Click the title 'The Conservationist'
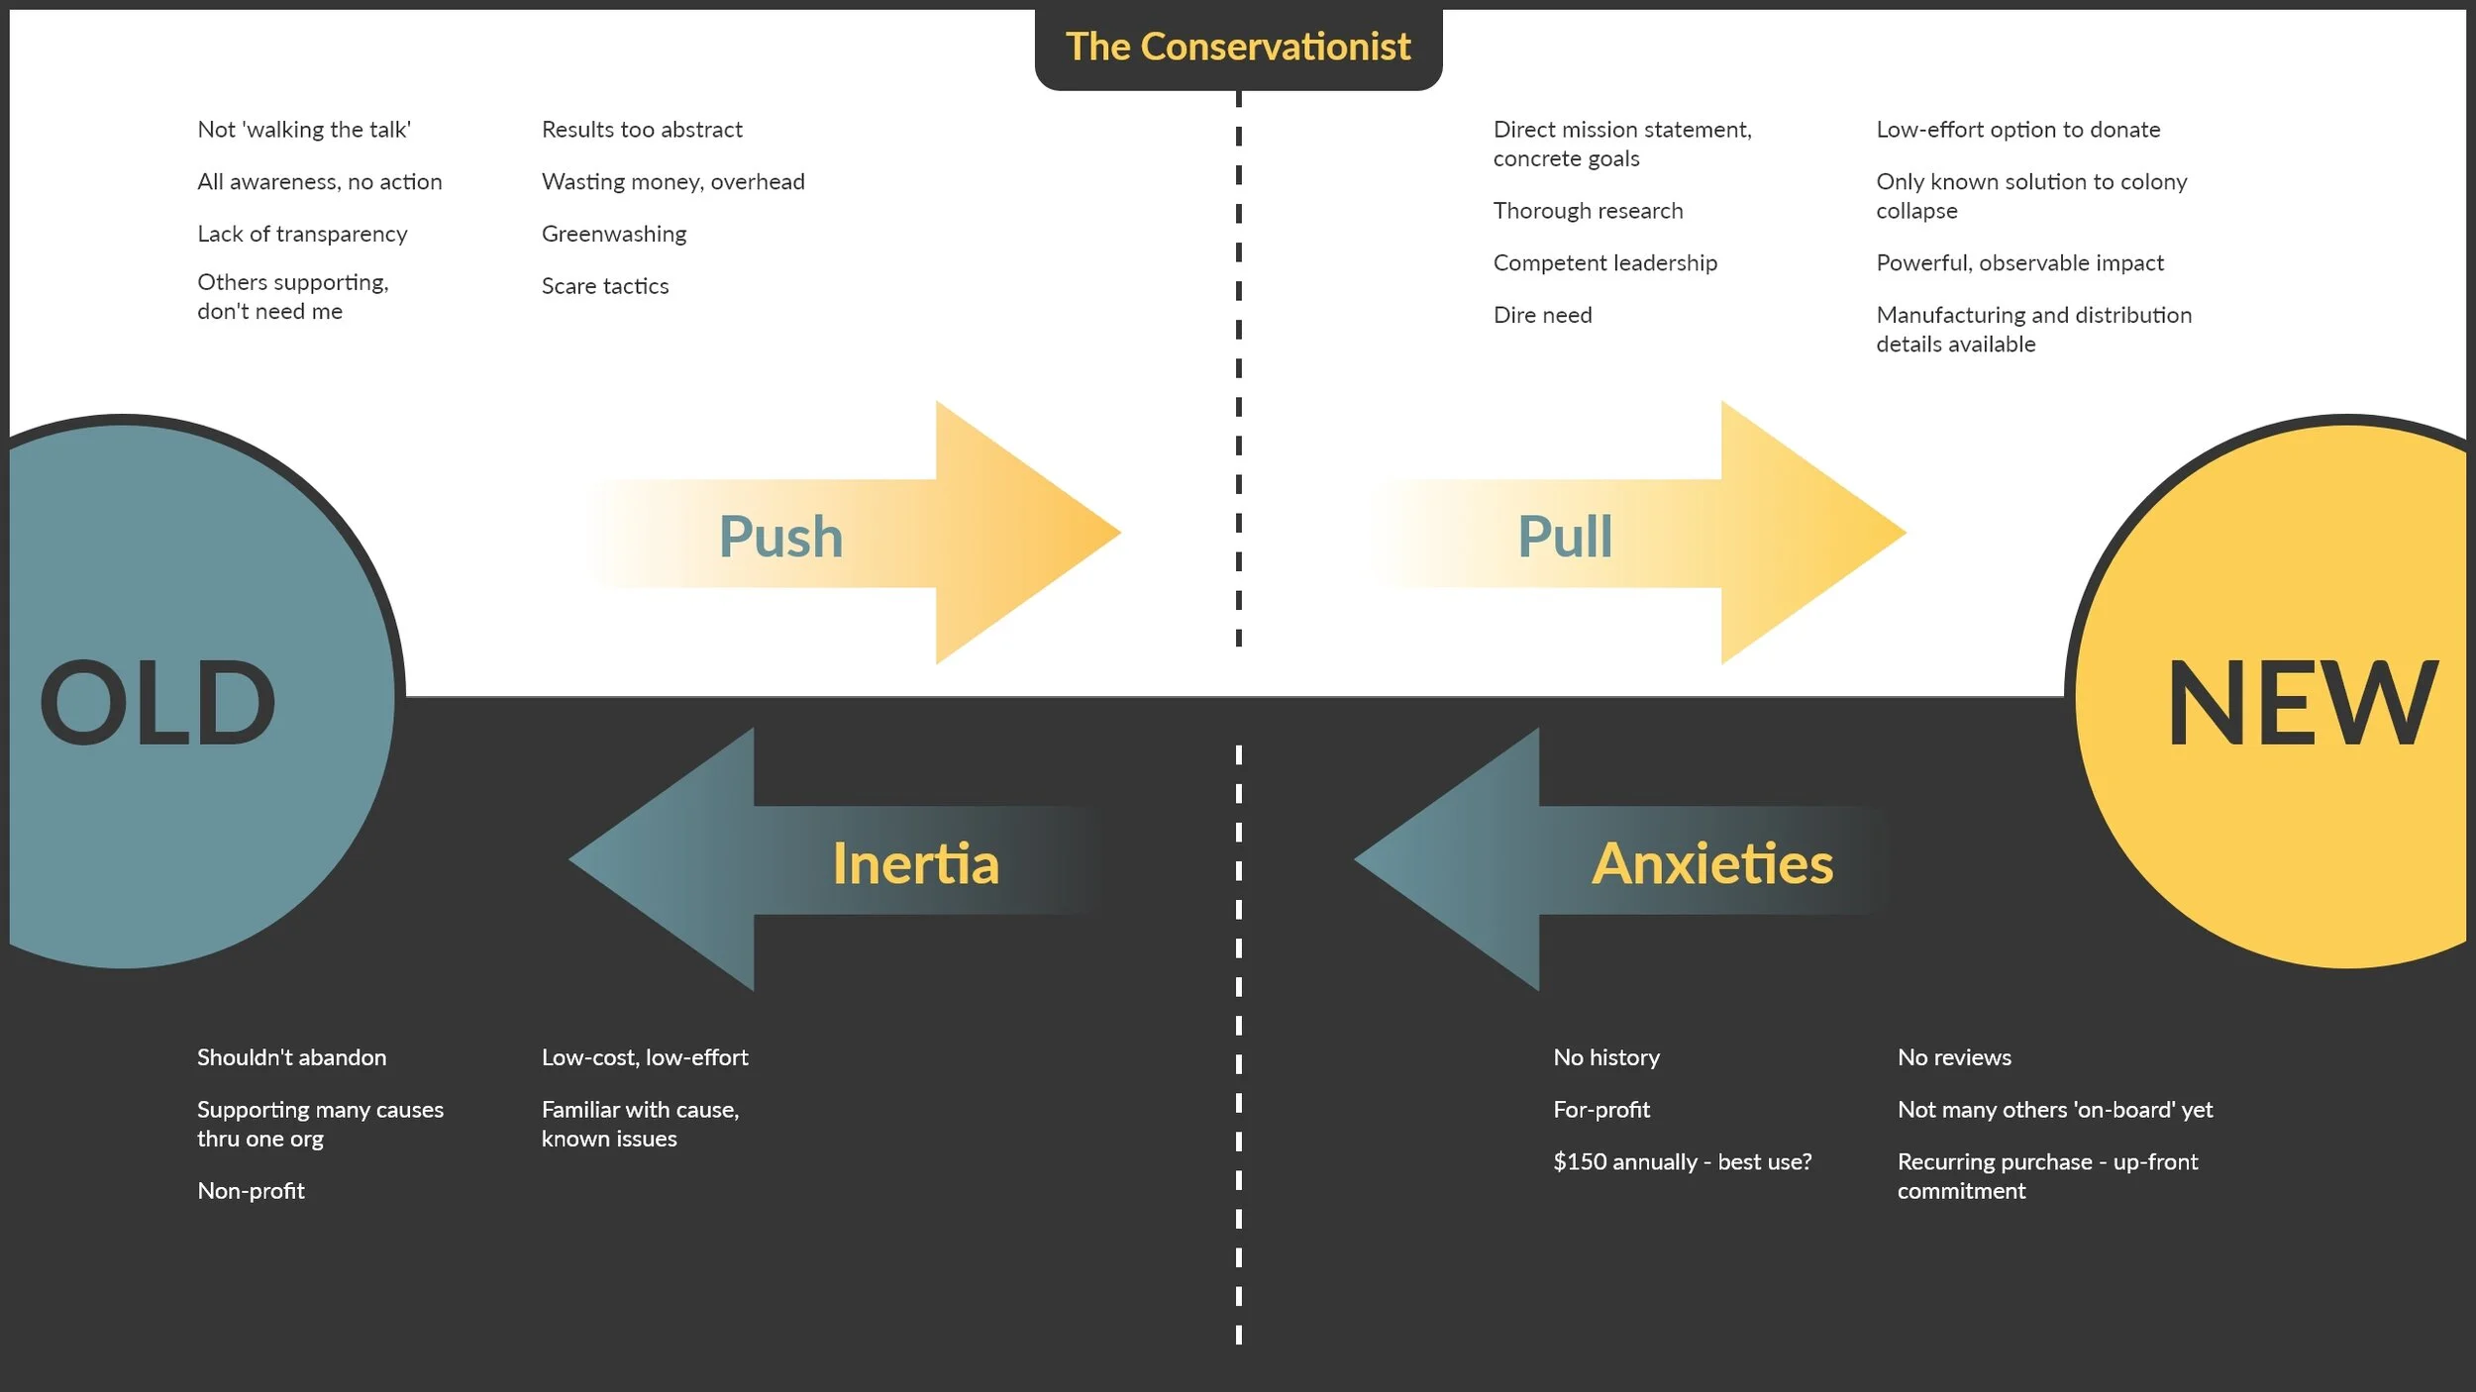click(x=1237, y=47)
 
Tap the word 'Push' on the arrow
click(x=780, y=537)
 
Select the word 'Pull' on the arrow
click(x=1565, y=537)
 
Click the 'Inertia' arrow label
click(x=915, y=863)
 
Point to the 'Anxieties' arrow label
click(x=1712, y=863)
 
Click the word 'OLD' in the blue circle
click(x=157, y=703)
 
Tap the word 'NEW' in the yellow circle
click(x=2302, y=703)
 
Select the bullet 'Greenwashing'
click(x=614, y=234)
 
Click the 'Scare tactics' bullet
click(x=605, y=286)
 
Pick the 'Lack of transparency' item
click(x=302, y=234)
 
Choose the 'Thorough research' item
click(x=1588, y=211)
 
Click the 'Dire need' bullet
click(x=1542, y=315)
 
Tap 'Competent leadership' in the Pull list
click(x=1604, y=263)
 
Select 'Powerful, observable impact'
click(x=2019, y=263)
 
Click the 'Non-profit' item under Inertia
click(x=251, y=1191)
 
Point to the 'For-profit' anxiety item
click(x=1601, y=1110)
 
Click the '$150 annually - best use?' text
click(x=1682, y=1162)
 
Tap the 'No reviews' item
click(x=1954, y=1057)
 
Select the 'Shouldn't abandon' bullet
click(x=291, y=1057)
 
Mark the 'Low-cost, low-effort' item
click(x=645, y=1057)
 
